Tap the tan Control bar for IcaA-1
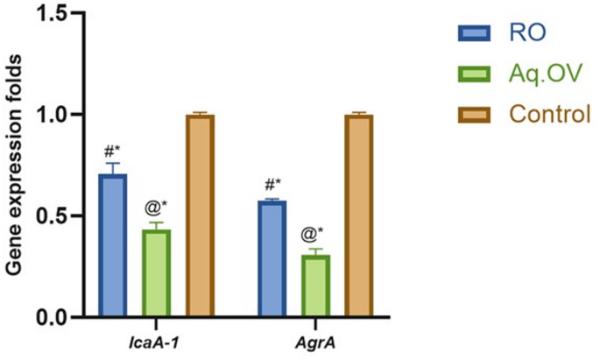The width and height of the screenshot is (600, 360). (200, 215)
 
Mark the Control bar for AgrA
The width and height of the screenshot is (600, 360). (358, 215)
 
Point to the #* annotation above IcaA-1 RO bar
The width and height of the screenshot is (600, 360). (113, 150)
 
